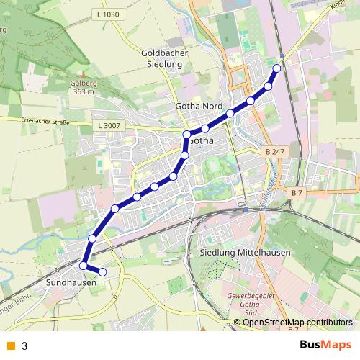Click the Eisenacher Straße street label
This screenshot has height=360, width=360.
45,121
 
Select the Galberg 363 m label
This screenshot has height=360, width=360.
84,87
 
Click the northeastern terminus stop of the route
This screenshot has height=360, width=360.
277,68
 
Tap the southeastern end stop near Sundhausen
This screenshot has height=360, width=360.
102,271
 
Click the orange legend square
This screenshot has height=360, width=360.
10,346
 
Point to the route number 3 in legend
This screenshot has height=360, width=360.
24,346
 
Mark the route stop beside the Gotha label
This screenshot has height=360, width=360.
186,135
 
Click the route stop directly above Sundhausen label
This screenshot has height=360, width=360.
83,266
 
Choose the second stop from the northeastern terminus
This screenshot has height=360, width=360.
269,86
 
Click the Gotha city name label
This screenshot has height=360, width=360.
202,141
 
